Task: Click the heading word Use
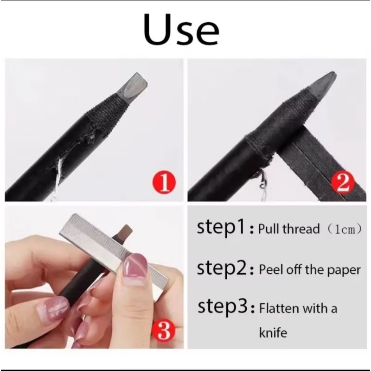pyautogui.click(x=181, y=29)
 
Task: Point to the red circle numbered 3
pyautogui.click(x=165, y=331)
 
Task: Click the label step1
pyautogui.click(x=221, y=228)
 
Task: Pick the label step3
pyautogui.click(x=222, y=307)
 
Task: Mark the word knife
pyautogui.click(x=273, y=332)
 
